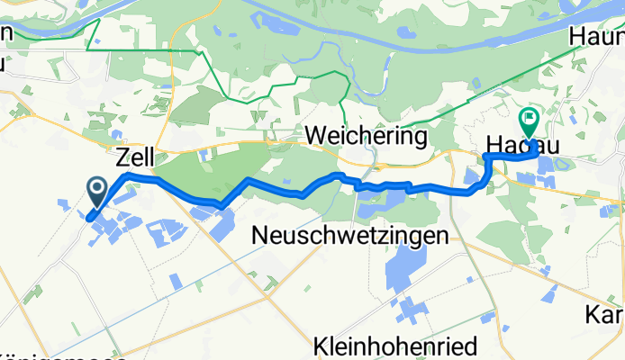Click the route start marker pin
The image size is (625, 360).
pos(97,190)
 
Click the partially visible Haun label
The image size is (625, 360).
pos(596,38)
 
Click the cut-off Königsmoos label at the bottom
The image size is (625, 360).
pos(63,354)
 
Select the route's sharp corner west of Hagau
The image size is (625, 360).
pos(486,157)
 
